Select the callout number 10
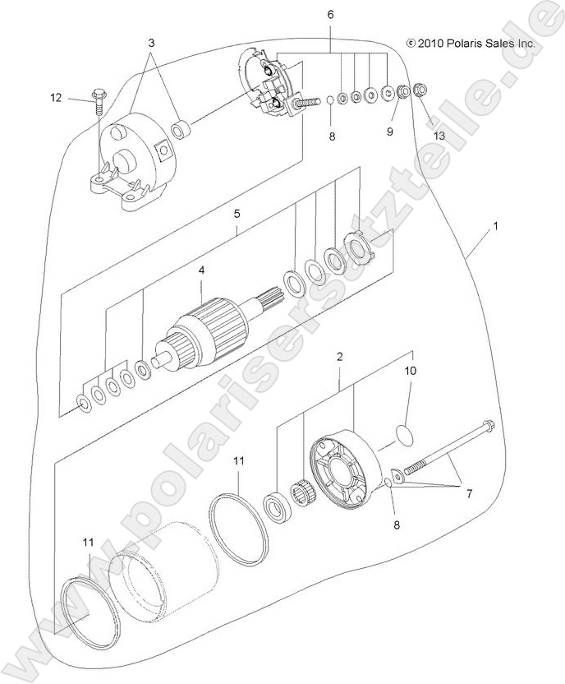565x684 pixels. click(x=410, y=372)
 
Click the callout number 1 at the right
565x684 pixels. click(x=495, y=224)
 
